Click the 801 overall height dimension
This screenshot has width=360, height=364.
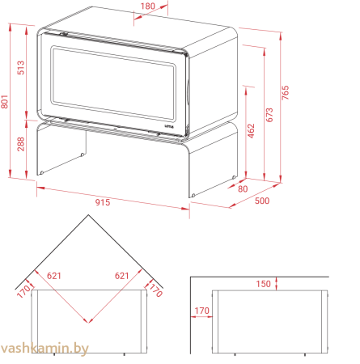pos(5,102)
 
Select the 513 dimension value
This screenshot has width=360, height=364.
pos(21,67)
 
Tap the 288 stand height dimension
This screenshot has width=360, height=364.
pos(21,144)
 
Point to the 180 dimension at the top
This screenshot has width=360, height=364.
pos(148,6)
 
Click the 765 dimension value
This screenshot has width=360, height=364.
pos(285,93)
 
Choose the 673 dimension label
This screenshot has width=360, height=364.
pos(269,115)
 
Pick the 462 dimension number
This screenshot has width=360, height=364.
pos(251,131)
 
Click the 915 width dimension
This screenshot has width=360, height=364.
pos(103,202)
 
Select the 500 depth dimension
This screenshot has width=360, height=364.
pos(262,201)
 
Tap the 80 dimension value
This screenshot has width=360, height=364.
pos(243,188)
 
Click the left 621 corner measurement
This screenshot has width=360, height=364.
pos(54,276)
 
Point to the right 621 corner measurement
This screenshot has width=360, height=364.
pos(122,276)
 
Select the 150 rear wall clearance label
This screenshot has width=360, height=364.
pos(263,284)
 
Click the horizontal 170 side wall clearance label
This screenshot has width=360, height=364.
pos(201,311)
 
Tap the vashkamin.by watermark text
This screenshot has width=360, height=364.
pos(44,349)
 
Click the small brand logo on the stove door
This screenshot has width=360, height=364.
pos(170,125)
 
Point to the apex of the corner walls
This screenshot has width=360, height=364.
pos(88,215)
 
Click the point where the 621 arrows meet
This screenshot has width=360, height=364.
pos(88,323)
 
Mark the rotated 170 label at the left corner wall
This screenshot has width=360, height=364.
pos(23,291)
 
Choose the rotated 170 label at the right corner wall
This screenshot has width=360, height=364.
pos(156,290)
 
